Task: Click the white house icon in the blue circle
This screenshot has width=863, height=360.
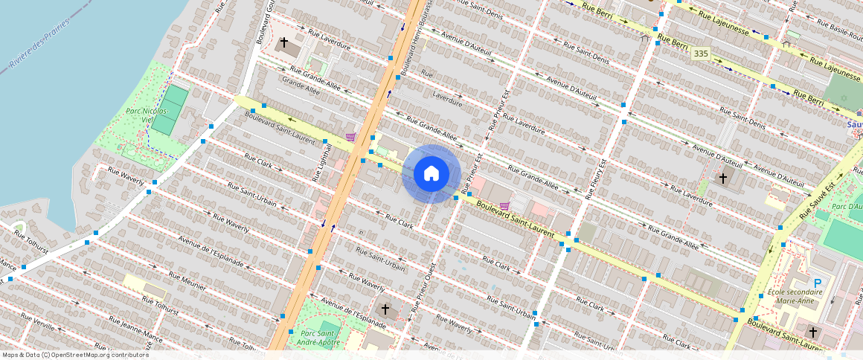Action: coord(431,173)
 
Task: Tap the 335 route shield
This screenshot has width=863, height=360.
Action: coord(700,54)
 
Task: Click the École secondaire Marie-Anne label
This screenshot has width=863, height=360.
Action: coord(795,296)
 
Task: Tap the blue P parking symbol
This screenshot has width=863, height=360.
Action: coord(818,283)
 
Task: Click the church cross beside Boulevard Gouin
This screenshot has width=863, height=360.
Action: coord(283,42)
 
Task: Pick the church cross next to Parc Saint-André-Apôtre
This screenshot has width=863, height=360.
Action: coord(385,309)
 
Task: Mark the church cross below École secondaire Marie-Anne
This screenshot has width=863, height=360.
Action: coord(813,332)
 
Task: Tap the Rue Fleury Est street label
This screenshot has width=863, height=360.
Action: coord(595,179)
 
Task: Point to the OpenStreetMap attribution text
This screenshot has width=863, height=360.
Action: coord(74,355)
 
